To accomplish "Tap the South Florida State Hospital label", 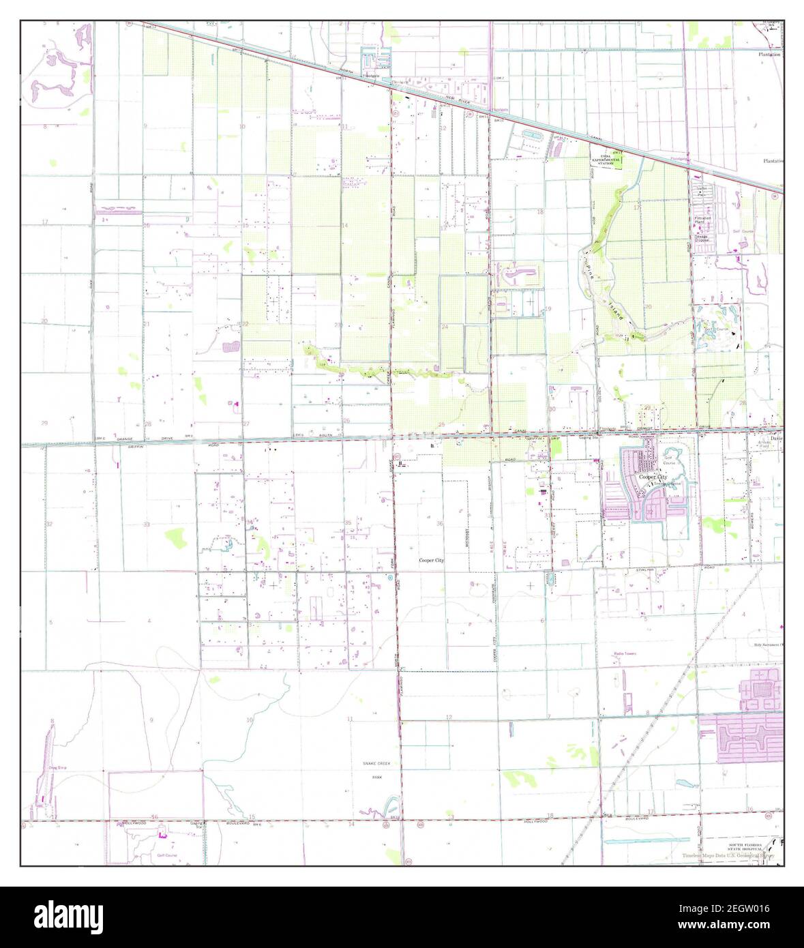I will click(x=745, y=846).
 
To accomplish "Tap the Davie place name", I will click(x=777, y=439).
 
